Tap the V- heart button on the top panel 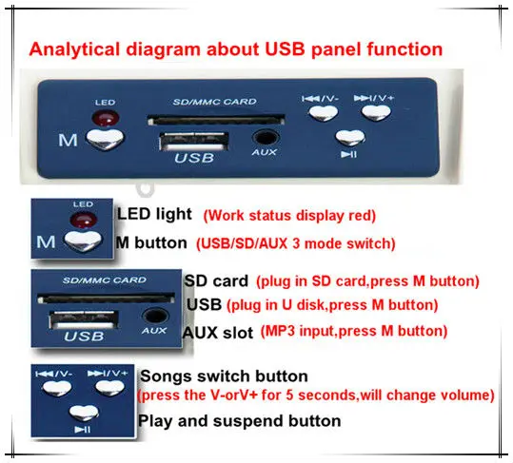tap(324, 111)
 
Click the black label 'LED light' tap(154, 216)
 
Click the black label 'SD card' tap(216, 282)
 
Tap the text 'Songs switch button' tap(223, 377)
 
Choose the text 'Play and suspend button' tap(239, 419)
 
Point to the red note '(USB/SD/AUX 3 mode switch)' tap(295, 242)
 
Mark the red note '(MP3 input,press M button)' tap(366, 332)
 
